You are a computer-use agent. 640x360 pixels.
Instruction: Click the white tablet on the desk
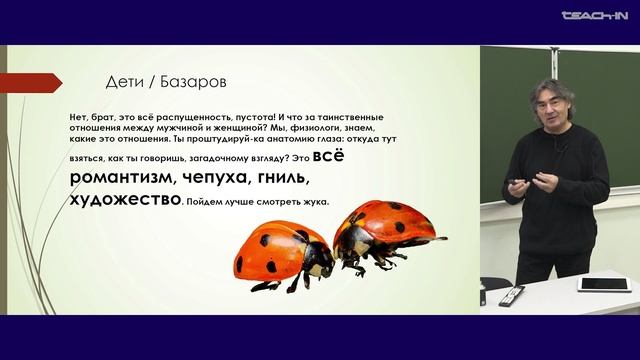(x=599, y=285)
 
